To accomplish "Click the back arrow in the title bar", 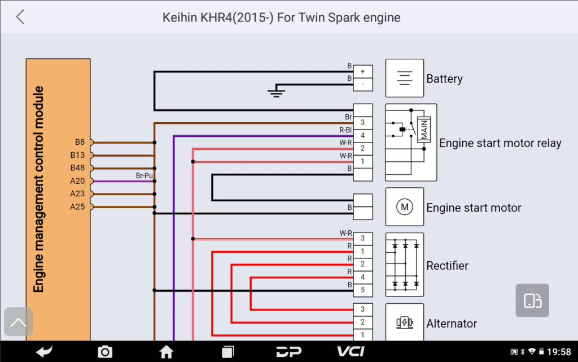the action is point(20,17).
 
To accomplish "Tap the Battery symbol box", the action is point(404,78).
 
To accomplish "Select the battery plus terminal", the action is point(363,72).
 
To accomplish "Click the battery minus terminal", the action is point(363,85).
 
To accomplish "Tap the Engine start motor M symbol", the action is point(404,207).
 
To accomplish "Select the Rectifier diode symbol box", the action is point(404,265).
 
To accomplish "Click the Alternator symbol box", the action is point(404,322).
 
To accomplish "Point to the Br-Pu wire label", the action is point(144,176).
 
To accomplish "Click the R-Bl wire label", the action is point(345,130).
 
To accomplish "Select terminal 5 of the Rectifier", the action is point(363,290).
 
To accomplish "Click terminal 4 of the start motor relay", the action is point(363,136).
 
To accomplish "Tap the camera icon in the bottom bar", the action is point(105,352).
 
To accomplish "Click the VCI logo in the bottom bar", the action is point(351,352).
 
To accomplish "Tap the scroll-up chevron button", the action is point(19,322).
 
